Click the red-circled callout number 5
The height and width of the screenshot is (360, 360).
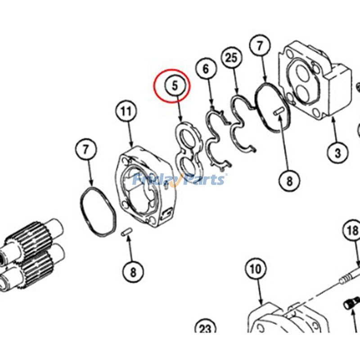point(175,85)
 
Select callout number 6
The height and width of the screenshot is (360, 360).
point(206,69)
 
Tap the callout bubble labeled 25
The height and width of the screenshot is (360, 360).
point(231,58)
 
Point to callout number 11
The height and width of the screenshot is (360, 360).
point(126,112)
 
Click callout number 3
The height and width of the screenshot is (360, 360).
point(337,153)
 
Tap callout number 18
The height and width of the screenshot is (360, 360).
point(352,230)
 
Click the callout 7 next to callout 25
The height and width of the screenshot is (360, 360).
point(260,46)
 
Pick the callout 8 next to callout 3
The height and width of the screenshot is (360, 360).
point(289,181)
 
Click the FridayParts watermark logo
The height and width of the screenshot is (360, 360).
point(179,180)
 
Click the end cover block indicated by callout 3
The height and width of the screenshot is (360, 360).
point(315,81)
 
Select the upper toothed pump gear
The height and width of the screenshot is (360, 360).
point(35,239)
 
